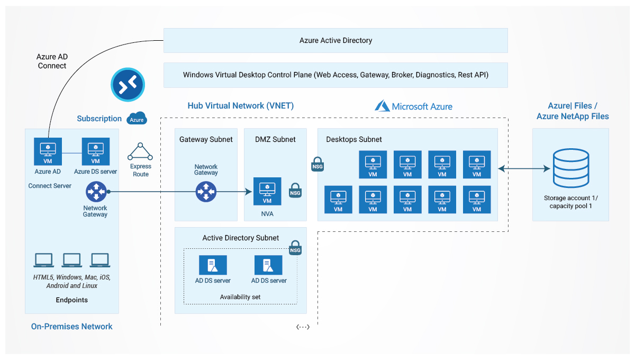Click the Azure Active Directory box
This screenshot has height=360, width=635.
335,41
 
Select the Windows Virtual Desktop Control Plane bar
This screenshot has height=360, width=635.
335,75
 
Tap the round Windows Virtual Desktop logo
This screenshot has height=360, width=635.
128,84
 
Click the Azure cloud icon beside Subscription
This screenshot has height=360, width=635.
137,119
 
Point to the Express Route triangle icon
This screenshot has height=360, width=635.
141,151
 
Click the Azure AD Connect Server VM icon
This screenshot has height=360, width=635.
48,151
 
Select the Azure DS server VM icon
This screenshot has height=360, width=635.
96,151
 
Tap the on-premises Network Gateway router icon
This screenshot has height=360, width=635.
96,191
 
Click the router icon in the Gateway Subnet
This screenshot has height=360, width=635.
206,191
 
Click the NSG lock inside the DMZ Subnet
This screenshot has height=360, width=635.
295,191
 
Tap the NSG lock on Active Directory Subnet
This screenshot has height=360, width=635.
295,247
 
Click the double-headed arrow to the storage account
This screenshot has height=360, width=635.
524,169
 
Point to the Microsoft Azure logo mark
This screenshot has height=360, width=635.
382,106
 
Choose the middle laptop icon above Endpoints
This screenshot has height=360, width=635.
72,260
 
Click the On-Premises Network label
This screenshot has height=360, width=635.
72,327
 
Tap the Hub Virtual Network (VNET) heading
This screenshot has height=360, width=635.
241,106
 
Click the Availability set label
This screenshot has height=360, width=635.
240,297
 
